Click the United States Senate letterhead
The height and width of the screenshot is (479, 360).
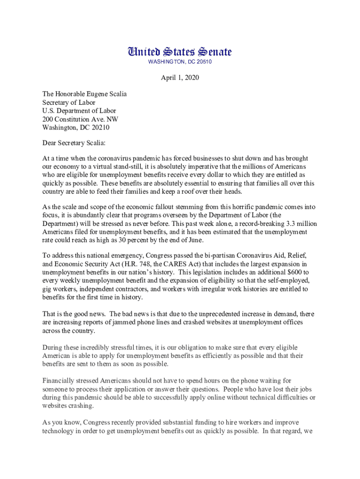(180, 52)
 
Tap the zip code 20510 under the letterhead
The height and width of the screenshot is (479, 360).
(203, 62)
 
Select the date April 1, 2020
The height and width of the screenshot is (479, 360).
(180, 78)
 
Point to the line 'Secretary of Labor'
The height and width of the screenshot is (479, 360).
(69, 102)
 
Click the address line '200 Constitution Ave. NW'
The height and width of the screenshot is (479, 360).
(80, 119)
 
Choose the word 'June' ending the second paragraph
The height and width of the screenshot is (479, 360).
(195, 240)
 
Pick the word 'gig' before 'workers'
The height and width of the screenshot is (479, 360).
(47, 289)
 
